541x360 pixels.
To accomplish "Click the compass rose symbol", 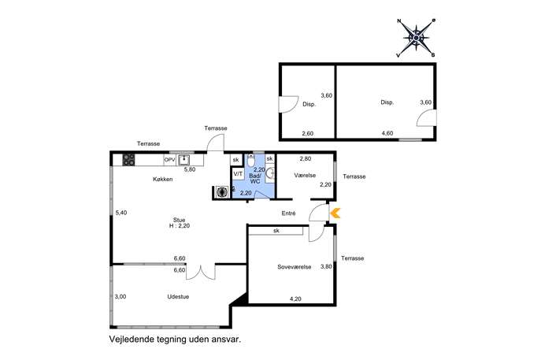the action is pyautogui.click(x=417, y=38).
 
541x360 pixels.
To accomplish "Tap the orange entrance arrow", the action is pyautogui.click(x=335, y=213).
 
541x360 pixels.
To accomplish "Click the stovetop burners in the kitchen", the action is pyautogui.click(x=128, y=160).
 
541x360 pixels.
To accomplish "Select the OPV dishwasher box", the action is pyautogui.click(x=170, y=160).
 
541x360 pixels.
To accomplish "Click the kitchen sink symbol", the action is pyautogui.click(x=184, y=160).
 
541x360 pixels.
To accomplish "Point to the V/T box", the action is pyautogui.click(x=238, y=173).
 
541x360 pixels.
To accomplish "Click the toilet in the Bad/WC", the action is pyautogui.click(x=251, y=161).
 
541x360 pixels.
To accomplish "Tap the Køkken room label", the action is pyautogui.click(x=162, y=179).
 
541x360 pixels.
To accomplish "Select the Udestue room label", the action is pyautogui.click(x=178, y=296).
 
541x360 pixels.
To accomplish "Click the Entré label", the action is pyautogui.click(x=288, y=213).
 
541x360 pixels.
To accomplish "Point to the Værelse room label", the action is pyautogui.click(x=305, y=176).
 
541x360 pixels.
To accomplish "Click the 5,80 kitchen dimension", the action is pyautogui.click(x=190, y=169).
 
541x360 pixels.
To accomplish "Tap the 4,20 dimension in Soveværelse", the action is pyautogui.click(x=295, y=299).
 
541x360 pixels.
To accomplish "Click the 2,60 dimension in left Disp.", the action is pyautogui.click(x=307, y=133).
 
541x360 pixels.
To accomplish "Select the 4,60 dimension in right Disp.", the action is pyautogui.click(x=387, y=133).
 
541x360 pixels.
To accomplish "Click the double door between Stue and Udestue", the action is pyautogui.click(x=201, y=272).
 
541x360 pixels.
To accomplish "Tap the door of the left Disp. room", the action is pyautogui.click(x=288, y=104).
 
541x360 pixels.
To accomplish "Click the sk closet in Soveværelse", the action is pyautogui.click(x=276, y=231).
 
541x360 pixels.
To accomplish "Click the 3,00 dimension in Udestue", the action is pyautogui.click(x=120, y=296).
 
